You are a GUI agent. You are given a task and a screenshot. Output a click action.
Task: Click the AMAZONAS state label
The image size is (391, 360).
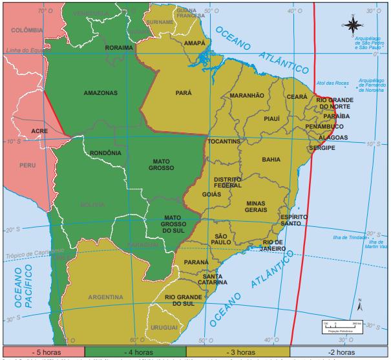click(101, 93)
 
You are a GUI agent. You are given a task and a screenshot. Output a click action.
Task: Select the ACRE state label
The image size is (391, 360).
click(39, 131)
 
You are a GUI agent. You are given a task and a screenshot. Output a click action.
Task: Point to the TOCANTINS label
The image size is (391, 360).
click(224, 142)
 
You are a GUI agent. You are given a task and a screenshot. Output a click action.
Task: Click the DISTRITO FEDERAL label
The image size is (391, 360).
click(227, 182)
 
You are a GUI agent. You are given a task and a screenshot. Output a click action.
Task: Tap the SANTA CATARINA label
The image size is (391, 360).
click(213, 279)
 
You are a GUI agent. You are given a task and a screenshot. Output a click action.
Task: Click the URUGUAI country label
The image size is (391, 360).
click(164, 328)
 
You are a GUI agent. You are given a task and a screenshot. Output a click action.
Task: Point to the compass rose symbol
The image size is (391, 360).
click(352, 25)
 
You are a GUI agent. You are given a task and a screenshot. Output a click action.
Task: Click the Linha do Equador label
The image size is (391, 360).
click(25, 50)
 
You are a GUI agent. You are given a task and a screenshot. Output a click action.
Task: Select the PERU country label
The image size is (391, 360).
click(27, 165)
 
